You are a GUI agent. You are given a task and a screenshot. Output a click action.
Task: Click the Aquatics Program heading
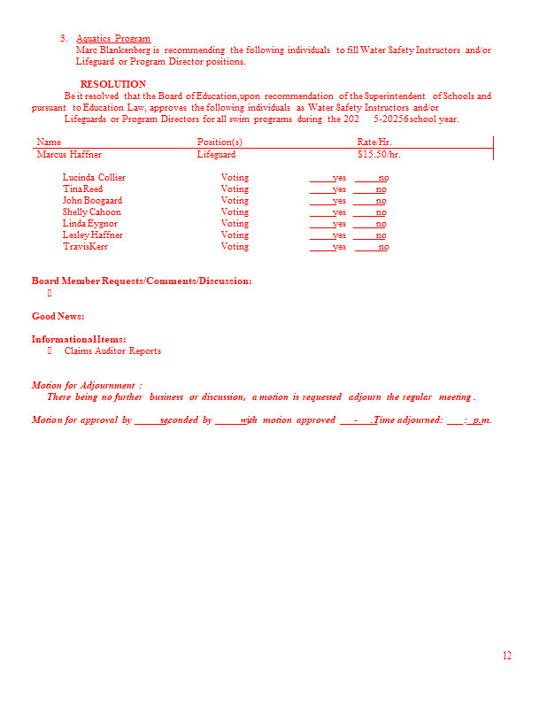tap(113, 39)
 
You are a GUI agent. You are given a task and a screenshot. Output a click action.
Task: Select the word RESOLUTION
tap(113, 85)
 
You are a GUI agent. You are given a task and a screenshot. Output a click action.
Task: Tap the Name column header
tap(49, 142)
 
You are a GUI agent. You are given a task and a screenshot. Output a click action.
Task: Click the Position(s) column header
tap(220, 142)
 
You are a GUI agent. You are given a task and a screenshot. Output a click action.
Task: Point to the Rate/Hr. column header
tap(374, 142)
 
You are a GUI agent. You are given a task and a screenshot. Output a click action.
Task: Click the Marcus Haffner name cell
tap(69, 155)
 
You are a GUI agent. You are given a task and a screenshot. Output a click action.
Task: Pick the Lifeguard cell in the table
tap(216, 155)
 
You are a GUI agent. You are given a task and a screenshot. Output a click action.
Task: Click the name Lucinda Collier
tap(94, 178)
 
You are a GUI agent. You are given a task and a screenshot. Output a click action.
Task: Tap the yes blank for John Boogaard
tap(328, 201)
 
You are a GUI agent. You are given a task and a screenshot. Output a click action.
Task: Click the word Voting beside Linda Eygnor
tap(235, 224)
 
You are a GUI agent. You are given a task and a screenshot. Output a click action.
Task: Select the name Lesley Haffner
tap(93, 235)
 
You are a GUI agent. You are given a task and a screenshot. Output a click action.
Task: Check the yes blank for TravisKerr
tap(328, 247)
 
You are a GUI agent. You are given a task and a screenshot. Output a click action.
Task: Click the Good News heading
tap(58, 316)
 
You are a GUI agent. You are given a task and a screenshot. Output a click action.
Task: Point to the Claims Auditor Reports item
tap(112, 351)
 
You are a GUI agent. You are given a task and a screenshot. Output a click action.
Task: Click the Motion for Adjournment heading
tap(87, 386)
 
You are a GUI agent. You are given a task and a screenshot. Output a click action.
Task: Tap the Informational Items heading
tap(79, 340)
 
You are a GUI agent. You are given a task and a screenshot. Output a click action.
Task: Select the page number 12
tap(507, 656)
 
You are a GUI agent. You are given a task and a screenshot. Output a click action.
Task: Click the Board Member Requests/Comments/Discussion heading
tap(142, 281)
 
